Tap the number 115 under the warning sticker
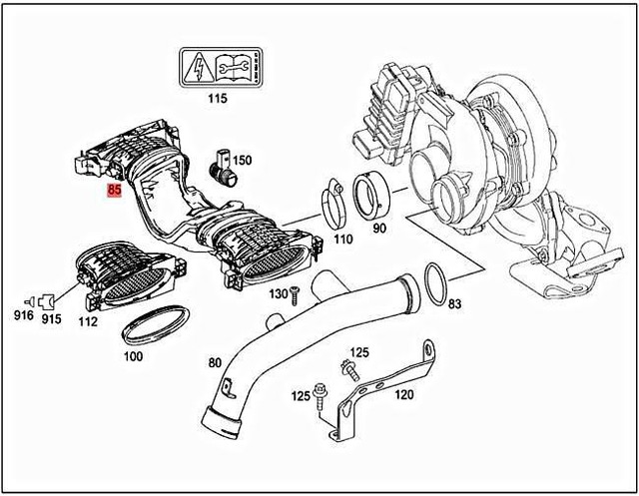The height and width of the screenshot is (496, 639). (x=217, y=98)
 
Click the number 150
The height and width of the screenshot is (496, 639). (x=243, y=160)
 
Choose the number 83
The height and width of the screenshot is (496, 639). (x=455, y=303)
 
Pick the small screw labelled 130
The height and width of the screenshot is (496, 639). (x=296, y=294)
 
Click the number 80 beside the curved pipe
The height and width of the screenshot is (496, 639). (x=214, y=362)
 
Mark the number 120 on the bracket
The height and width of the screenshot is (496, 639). (x=403, y=394)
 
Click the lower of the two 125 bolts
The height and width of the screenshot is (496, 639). (x=319, y=400)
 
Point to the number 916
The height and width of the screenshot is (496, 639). (x=24, y=316)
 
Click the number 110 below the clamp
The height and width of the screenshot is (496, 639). (x=343, y=241)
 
